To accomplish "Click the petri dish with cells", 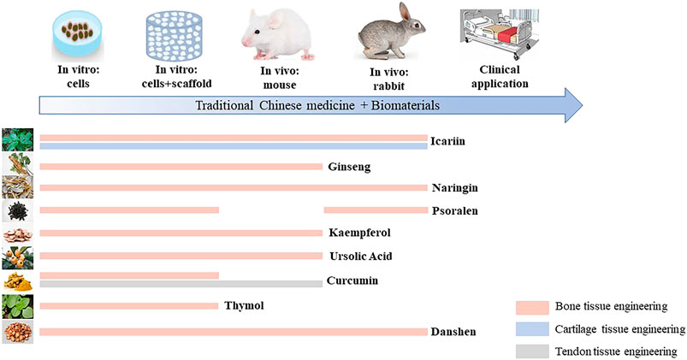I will click(x=72, y=37).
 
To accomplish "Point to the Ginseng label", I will click(x=349, y=166).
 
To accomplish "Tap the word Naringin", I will click(x=453, y=187).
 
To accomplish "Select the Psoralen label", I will click(x=453, y=210).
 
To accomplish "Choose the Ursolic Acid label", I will click(x=362, y=255).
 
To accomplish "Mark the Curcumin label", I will click(x=353, y=280).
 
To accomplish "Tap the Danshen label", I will click(x=453, y=331).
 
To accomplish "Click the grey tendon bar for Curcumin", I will click(x=181, y=283).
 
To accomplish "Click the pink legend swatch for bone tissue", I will click(x=537, y=306).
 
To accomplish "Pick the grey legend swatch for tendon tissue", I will click(x=537, y=351).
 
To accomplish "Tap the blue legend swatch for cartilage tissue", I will click(x=537, y=328).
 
